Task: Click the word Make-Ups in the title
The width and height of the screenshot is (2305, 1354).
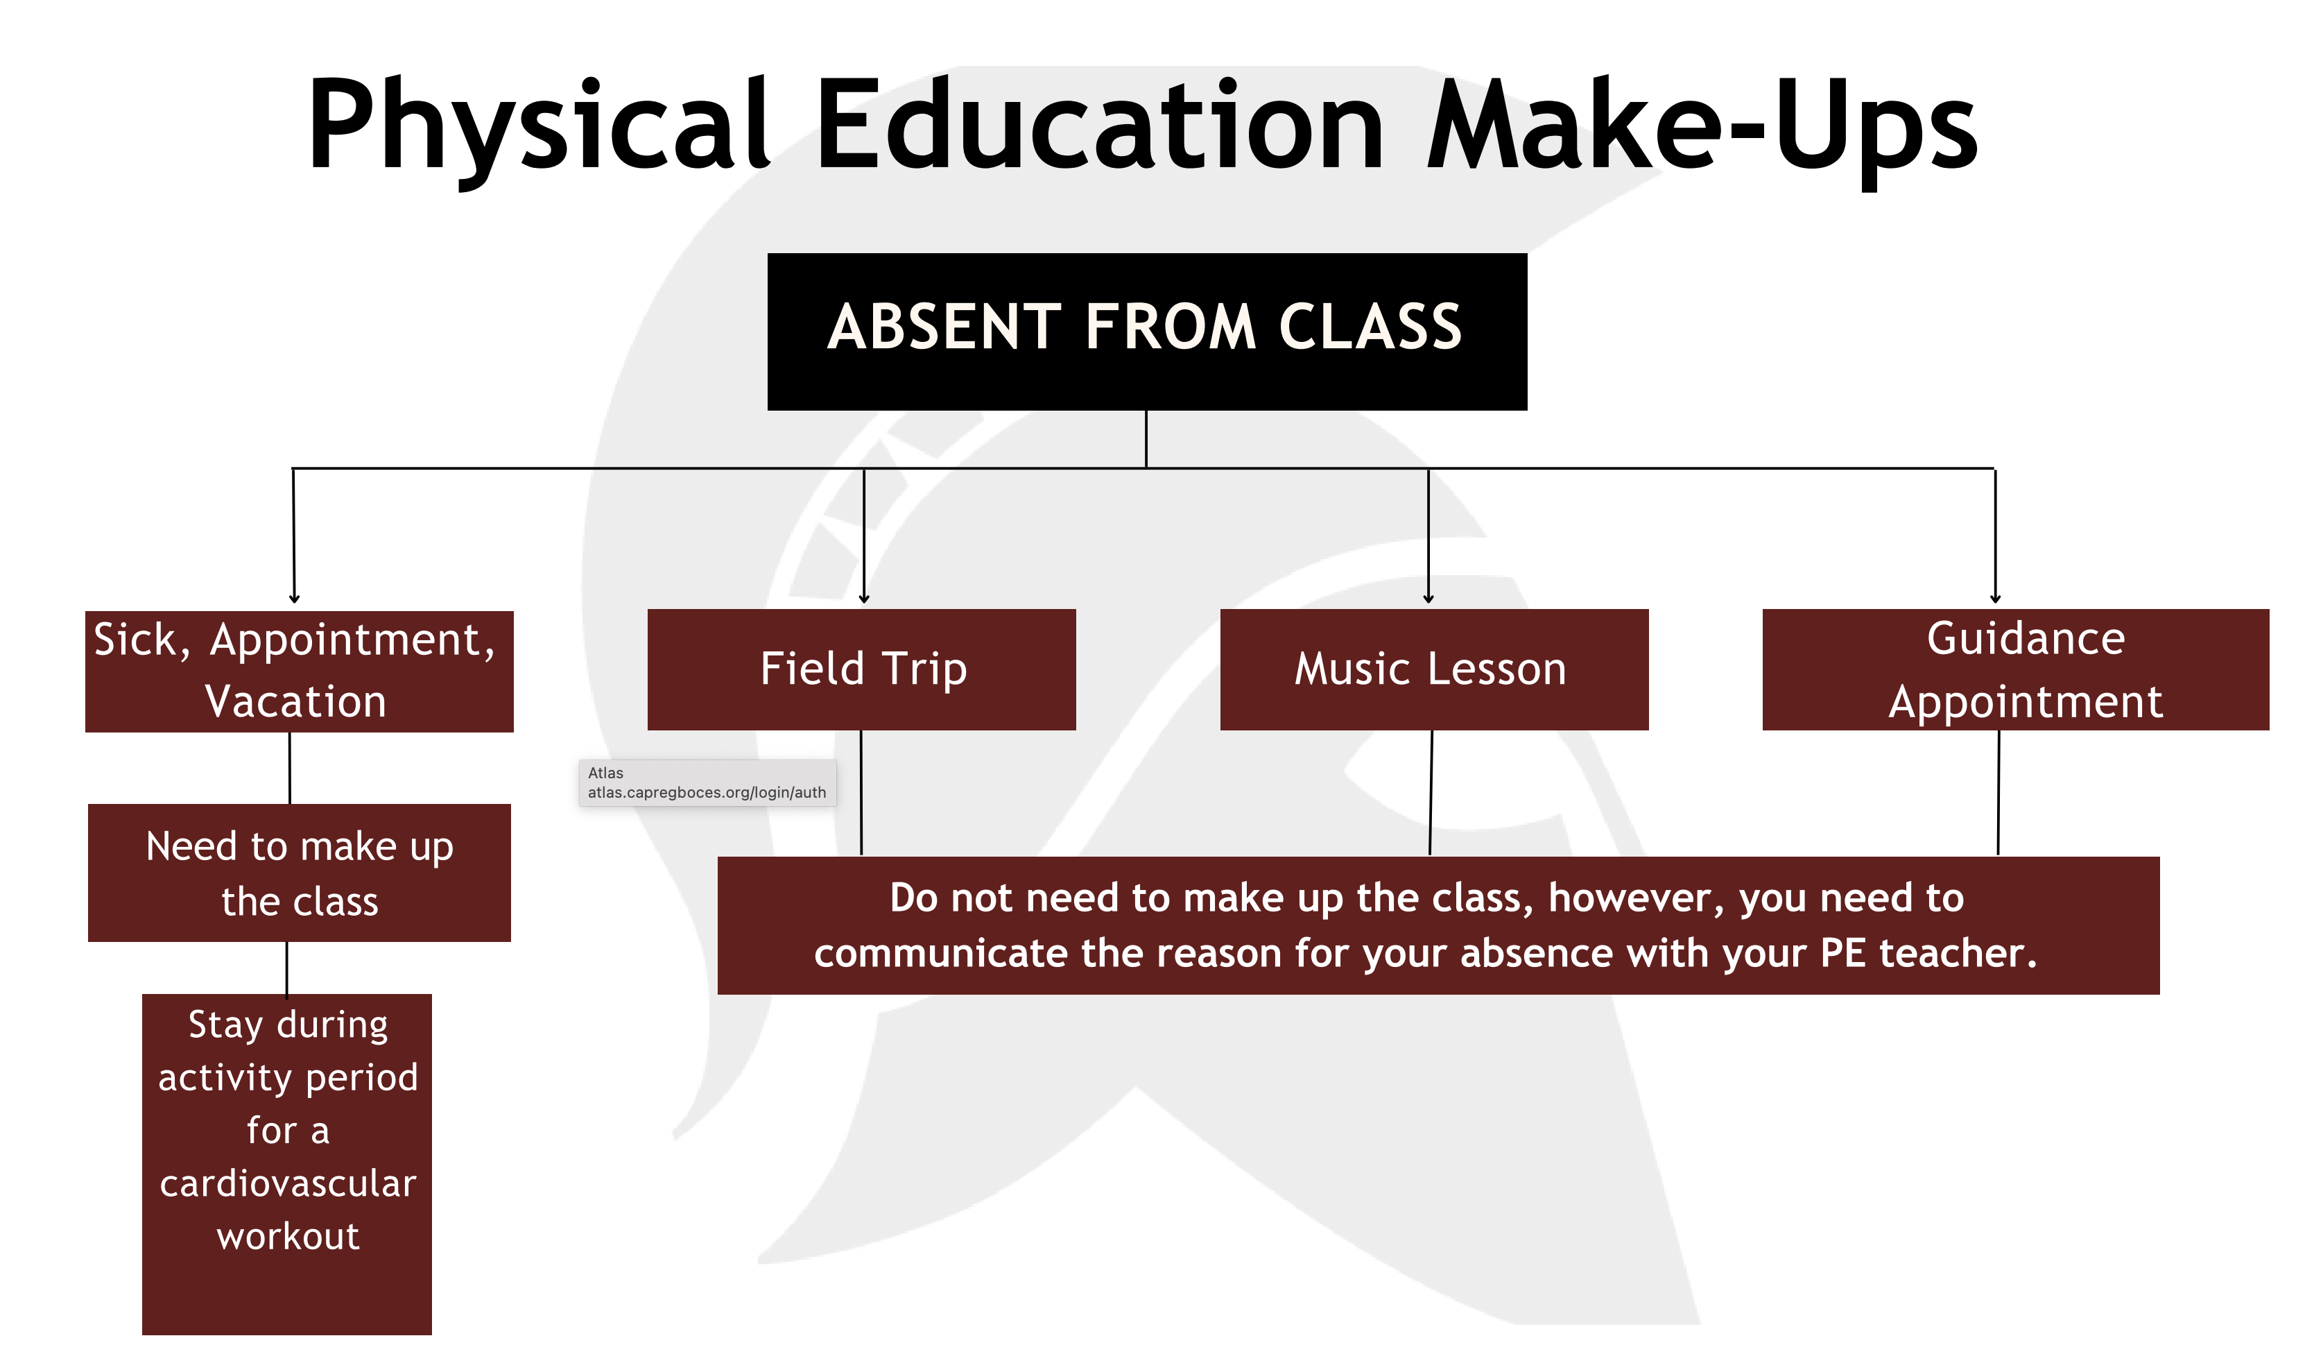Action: [x=1703, y=128]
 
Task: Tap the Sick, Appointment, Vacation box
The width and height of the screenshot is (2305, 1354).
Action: [x=299, y=671]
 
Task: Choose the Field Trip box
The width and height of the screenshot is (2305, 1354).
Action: [x=862, y=669]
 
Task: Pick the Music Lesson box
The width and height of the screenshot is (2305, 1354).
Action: [x=1434, y=669]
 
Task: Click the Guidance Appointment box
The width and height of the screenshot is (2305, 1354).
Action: [x=2016, y=669]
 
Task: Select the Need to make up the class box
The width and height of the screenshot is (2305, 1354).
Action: [x=299, y=873]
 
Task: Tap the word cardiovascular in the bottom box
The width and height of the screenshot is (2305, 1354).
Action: [x=288, y=1184]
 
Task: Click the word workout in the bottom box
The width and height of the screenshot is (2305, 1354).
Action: [x=288, y=1237]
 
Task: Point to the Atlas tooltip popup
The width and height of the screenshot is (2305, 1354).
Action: [x=707, y=783]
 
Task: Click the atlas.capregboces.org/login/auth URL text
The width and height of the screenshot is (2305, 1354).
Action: [x=707, y=792]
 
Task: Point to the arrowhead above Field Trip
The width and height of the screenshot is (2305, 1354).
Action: [x=864, y=599]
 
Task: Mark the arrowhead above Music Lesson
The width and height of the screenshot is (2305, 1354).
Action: [x=1428, y=599]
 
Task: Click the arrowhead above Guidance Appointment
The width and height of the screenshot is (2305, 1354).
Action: [x=1996, y=599]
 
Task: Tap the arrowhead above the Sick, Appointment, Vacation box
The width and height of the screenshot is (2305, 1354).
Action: [x=295, y=599]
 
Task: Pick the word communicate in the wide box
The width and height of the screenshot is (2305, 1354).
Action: [x=942, y=954]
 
